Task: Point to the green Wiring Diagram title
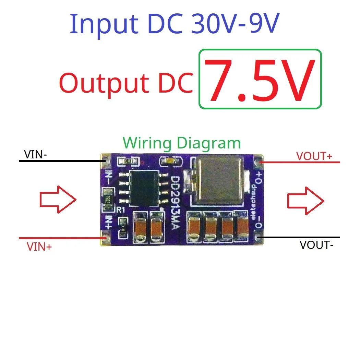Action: coord(182,143)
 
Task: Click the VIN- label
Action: coord(36,155)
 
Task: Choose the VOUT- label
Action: coord(316,245)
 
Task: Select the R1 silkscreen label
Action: coord(121,211)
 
